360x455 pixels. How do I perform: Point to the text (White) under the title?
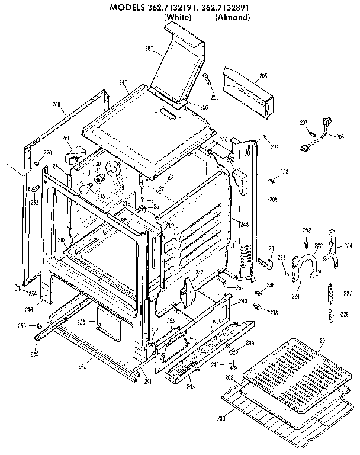[177, 18]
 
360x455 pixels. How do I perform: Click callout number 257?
[149, 48]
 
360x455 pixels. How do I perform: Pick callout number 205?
[263, 75]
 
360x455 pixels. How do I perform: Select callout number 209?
[57, 105]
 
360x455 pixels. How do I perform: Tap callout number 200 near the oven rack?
[221, 419]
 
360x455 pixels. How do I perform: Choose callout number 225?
[82, 322]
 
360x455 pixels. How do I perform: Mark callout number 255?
[21, 325]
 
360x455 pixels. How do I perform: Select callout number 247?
[123, 82]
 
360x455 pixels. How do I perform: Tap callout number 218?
[274, 312]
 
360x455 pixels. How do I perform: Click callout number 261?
[66, 138]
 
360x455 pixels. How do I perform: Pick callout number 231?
[272, 248]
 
